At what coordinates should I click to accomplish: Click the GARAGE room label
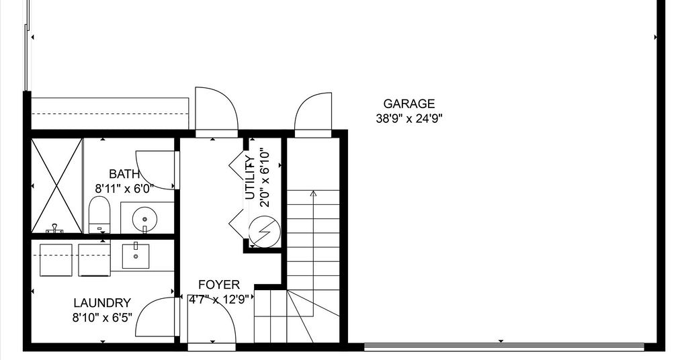coord(409,104)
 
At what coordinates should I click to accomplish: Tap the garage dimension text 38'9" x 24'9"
coord(409,118)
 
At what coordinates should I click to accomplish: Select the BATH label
coord(124,174)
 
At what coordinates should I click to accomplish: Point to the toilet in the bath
coord(99,215)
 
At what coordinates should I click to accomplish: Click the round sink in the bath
coord(144,218)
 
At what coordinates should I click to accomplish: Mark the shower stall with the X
coord(57,185)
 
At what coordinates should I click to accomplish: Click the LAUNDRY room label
coord(102,303)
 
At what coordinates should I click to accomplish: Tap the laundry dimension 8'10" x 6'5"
coord(102,318)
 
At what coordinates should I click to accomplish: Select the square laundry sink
coord(136,256)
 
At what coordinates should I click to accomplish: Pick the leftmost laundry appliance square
coord(56,260)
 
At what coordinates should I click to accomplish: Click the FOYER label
coord(219,285)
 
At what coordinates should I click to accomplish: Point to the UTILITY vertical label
coord(250,177)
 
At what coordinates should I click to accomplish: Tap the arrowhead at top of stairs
coord(313,193)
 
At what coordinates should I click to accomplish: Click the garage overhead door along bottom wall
coord(504,347)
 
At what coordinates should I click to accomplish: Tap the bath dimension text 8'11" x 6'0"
coord(124,189)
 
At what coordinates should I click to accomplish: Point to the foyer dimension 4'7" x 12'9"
coord(219,300)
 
